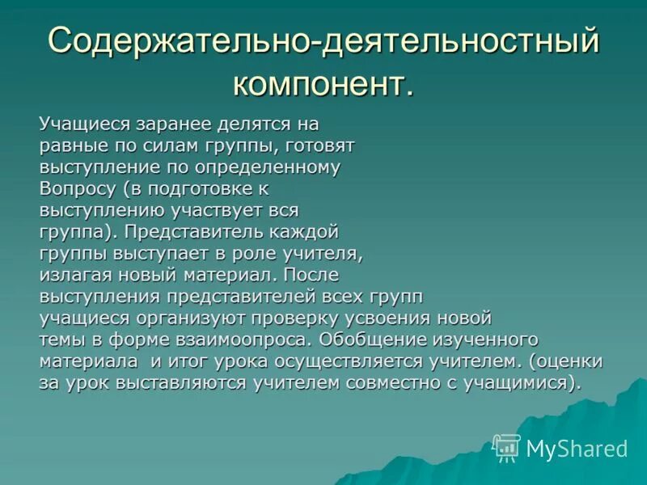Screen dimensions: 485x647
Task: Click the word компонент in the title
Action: pyautogui.click(x=323, y=83)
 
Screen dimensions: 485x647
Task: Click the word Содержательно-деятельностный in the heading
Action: pyautogui.click(x=323, y=40)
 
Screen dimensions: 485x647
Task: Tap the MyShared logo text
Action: pyautogui.click(x=577, y=449)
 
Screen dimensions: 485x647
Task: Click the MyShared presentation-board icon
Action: pyautogui.click(x=507, y=447)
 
